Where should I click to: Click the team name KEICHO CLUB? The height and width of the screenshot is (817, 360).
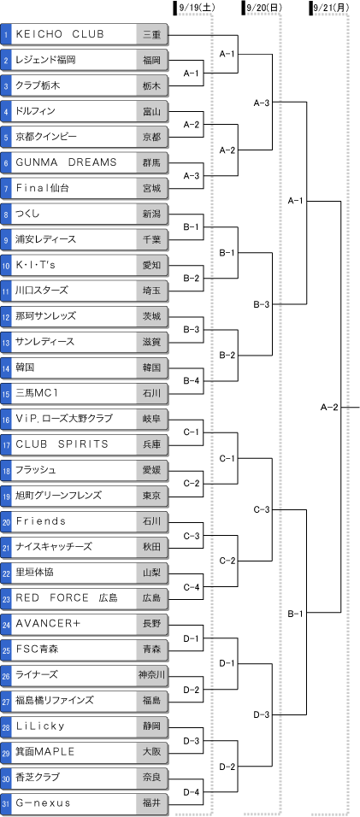pyautogui.click(x=61, y=34)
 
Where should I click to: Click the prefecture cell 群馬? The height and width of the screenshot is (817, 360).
pyautogui.click(x=152, y=162)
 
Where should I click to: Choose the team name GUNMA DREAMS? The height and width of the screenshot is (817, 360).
pyautogui.click(x=67, y=162)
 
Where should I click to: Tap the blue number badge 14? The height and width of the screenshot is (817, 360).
pyautogui.click(x=6, y=367)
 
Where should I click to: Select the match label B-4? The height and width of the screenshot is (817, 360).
pyautogui.click(x=192, y=381)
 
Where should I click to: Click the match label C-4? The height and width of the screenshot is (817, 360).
pyautogui.click(x=192, y=586)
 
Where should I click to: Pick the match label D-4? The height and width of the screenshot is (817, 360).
pyautogui.click(x=192, y=791)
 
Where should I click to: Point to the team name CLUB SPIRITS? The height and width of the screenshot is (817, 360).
pyautogui.click(x=62, y=444)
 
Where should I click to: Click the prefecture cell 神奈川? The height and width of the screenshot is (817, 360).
pyautogui.click(x=152, y=675)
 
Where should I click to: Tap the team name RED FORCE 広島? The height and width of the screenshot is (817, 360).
pyautogui.click(x=68, y=598)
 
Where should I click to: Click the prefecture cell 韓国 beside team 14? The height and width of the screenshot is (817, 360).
pyautogui.click(x=152, y=367)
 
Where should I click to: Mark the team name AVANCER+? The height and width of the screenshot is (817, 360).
pyautogui.click(x=48, y=624)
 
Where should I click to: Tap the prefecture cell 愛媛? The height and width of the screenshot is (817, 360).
pyautogui.click(x=152, y=471)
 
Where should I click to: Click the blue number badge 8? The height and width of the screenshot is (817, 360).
pyautogui.click(x=6, y=214)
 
